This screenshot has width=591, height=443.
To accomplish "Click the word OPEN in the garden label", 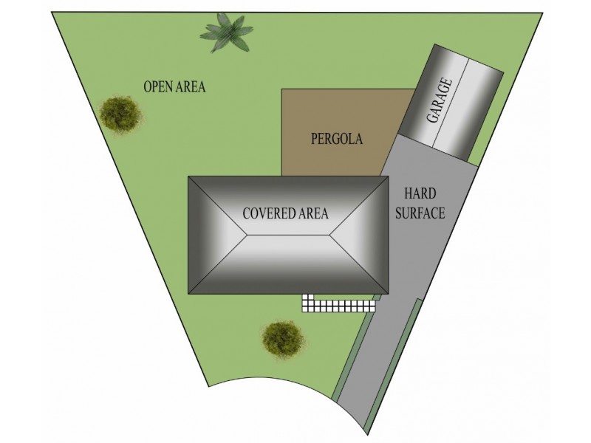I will tap(157, 87).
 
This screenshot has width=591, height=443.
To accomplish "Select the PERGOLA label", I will tap(337, 138).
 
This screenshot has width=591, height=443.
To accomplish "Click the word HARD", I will tap(421, 193).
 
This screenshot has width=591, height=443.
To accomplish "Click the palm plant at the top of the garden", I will tap(223, 33).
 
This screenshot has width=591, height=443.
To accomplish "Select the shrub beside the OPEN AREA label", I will tap(119, 113).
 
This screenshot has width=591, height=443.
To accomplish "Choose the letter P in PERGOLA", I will tap(314, 138).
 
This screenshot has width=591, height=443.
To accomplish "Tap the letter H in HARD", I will tap(409, 193).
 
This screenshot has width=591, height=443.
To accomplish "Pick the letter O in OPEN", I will tap(147, 87).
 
